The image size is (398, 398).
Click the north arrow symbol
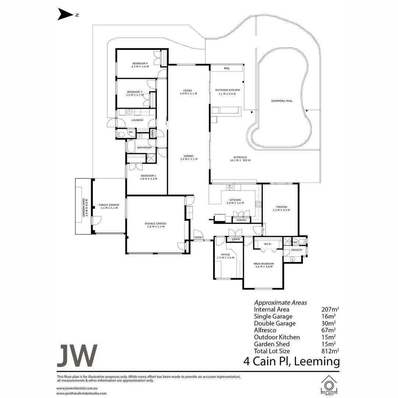pyautogui.click(x=66, y=15)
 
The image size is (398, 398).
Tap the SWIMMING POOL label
pyautogui.click(x=282, y=101)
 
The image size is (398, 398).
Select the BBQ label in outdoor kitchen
pyautogui.click(x=226, y=69)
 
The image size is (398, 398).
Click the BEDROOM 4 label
pyautogui.click(x=139, y=63)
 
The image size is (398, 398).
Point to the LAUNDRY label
pyautogui.click(x=137, y=120)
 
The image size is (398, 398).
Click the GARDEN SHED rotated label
pyautogui.click(x=84, y=207)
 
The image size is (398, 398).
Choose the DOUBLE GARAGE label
pyautogui.click(x=155, y=224)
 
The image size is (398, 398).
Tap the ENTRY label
pyautogui.click(x=198, y=237)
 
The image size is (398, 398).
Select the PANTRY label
pyautogui.click(x=241, y=220)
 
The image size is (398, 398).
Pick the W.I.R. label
pyautogui.click(x=268, y=244)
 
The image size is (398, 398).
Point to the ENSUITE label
pyautogui.click(x=297, y=250)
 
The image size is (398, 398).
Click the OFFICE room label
pyautogui.click(x=225, y=255)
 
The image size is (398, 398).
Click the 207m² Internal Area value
pyautogui.click(x=330, y=310)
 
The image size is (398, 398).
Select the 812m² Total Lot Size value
pyautogui.click(x=330, y=351)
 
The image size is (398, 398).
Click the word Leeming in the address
pyautogui.click(x=317, y=362)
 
